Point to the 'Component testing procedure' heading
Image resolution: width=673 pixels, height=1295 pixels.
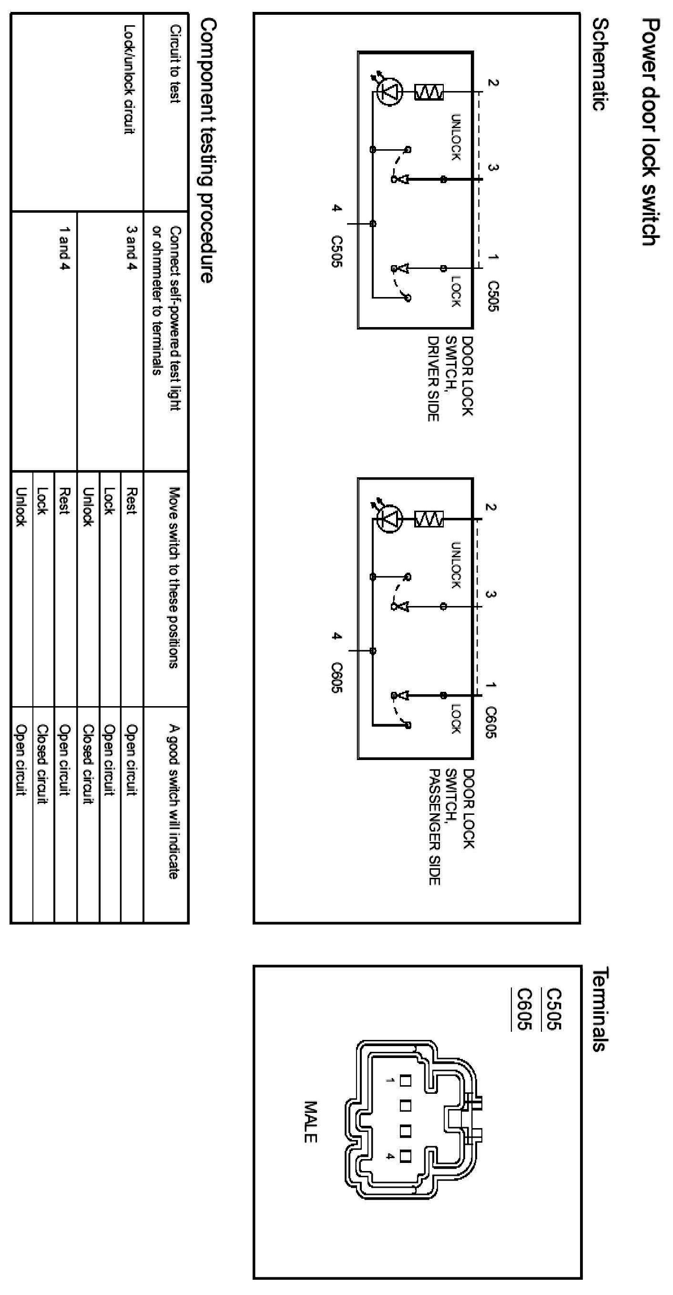tap(208, 151)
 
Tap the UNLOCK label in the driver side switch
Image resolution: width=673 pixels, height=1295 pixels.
tap(455, 137)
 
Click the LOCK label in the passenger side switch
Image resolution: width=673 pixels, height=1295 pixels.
tap(455, 719)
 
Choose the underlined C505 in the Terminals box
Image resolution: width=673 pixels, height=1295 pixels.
tap(554, 1009)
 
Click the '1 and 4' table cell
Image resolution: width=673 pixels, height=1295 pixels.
tap(64, 247)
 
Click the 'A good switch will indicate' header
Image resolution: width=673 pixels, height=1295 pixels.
tap(174, 802)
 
